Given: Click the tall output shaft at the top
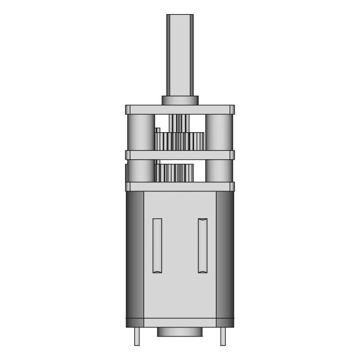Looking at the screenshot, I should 180,53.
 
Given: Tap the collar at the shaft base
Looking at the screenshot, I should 180,100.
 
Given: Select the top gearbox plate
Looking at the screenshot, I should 180,110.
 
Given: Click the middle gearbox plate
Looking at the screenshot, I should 180,155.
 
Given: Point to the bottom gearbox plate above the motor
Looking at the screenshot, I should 180,187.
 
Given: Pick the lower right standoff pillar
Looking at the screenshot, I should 219,170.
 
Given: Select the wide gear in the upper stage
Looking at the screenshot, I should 180,141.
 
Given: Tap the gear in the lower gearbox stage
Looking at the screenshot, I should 175,173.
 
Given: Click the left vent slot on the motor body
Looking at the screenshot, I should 157,245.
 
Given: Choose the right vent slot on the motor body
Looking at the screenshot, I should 202,245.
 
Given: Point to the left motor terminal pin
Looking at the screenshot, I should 137,336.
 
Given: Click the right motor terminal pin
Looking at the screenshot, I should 223,336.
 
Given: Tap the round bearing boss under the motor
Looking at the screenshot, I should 179,332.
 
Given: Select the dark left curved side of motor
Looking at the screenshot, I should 134,256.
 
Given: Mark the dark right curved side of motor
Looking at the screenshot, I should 226,256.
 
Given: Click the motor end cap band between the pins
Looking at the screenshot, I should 180,323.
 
